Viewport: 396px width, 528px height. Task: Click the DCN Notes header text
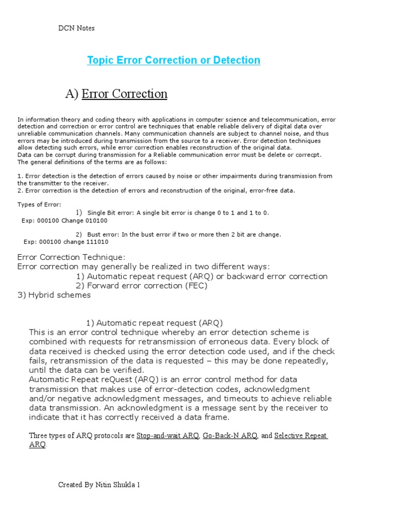tap(76, 28)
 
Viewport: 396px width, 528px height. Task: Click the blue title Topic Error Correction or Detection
tap(174, 60)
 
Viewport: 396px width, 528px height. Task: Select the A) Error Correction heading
tap(116, 94)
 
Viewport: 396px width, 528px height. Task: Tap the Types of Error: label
tap(39, 204)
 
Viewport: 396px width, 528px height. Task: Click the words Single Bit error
tap(110, 212)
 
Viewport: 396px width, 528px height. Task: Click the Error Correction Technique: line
tap(71, 257)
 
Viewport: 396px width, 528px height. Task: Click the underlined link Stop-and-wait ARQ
tap(168, 436)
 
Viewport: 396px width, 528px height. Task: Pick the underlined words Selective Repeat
tap(301, 436)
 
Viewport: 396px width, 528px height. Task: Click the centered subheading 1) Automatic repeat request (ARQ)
tap(155, 323)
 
